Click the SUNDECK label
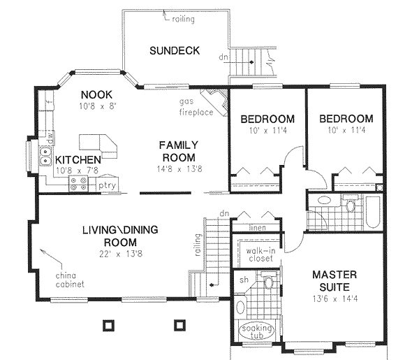click(175, 50)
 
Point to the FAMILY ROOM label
click(176, 151)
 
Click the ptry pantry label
click(106, 185)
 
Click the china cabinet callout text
click(71, 280)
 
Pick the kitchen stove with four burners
click(78, 184)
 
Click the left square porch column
click(107, 324)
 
